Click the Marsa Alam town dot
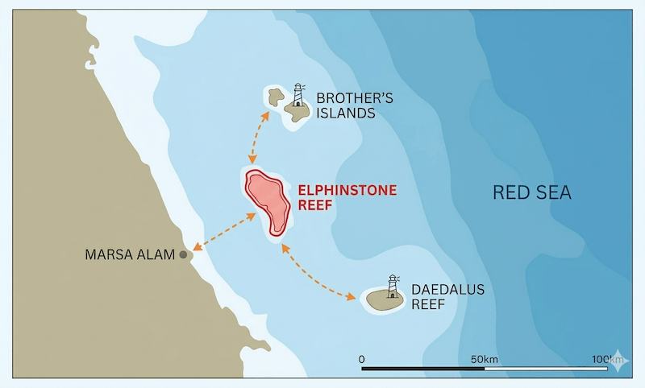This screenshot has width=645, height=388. coord(184,254)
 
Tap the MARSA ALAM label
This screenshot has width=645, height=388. coord(130,255)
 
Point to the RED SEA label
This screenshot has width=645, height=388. coord(531,192)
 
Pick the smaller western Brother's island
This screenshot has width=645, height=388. coord(276,99)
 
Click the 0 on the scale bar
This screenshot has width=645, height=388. coord(361,358)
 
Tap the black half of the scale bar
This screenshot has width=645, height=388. coord(423,369)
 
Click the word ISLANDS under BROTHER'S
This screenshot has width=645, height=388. coord(346,114)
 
